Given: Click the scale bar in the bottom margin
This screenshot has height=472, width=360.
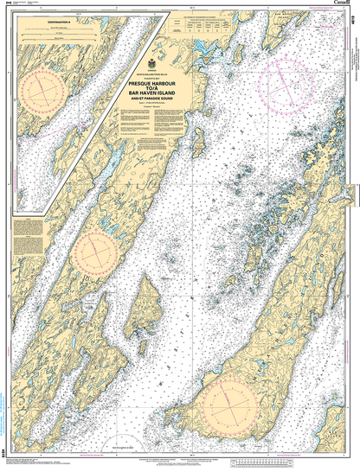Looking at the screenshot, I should (180, 462).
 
